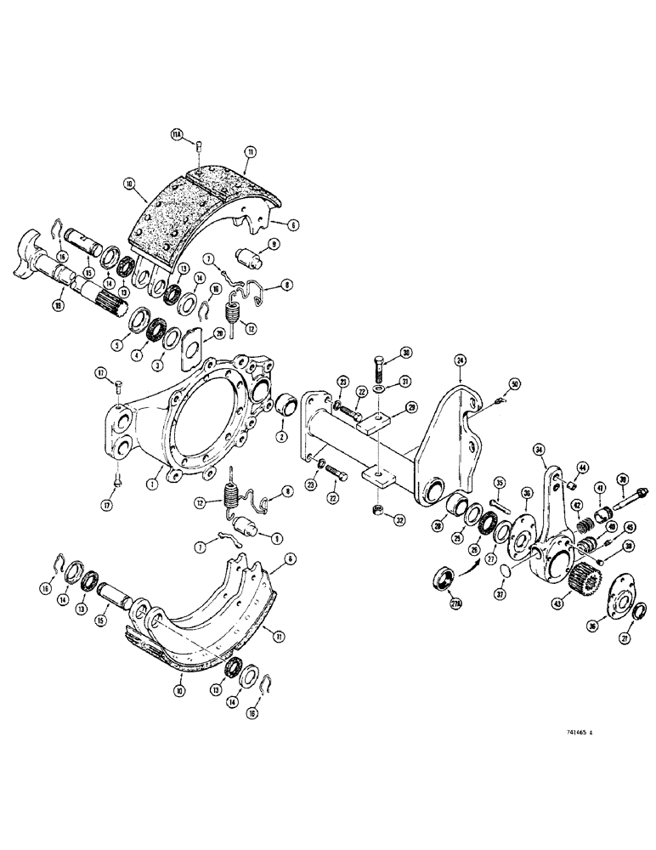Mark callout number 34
coord(538,450)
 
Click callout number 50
coord(514,384)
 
